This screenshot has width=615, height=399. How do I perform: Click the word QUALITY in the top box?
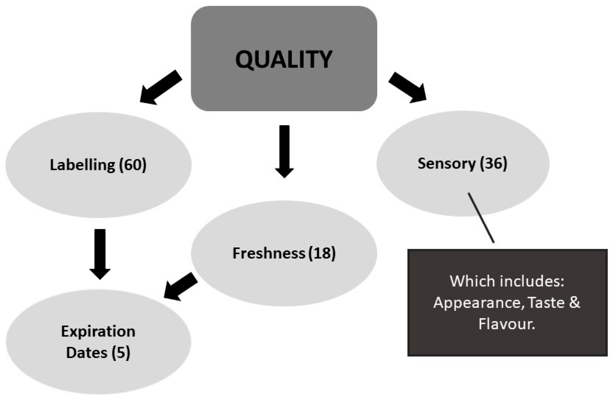click(x=284, y=59)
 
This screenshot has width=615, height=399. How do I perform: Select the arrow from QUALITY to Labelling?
click(x=161, y=87)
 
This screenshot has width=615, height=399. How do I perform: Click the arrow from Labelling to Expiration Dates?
click(x=100, y=254)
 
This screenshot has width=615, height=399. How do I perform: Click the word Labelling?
click(x=82, y=165)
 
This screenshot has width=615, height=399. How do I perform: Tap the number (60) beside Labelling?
click(x=133, y=165)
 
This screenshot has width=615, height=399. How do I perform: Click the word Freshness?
click(x=269, y=253)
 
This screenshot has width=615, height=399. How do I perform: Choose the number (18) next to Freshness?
click(x=322, y=253)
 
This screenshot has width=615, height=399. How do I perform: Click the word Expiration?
click(x=98, y=331)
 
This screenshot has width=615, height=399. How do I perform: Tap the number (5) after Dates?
click(x=121, y=353)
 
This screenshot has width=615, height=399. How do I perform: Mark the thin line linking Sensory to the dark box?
click(x=481, y=217)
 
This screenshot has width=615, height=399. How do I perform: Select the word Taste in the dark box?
click(x=546, y=303)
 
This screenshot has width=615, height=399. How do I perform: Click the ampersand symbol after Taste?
click(x=574, y=303)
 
